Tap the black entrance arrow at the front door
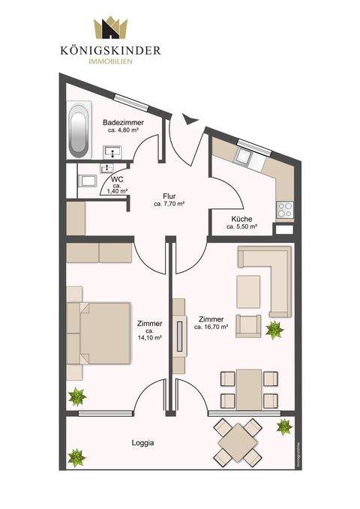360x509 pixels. [186, 118]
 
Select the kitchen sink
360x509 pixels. [244, 159]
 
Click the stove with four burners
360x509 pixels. [285, 210]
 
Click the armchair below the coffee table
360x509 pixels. [247, 325]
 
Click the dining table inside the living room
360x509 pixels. [247, 388]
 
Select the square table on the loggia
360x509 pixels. [238, 441]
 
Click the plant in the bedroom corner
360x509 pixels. [76, 397]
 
